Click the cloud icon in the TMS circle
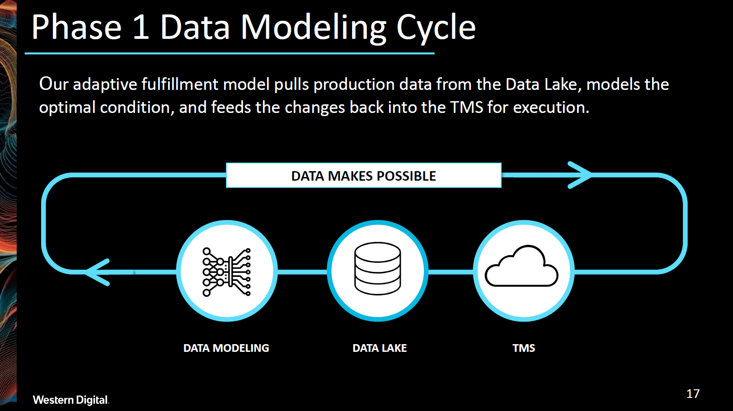[522, 266]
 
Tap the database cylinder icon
[377, 268]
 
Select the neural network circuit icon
[226, 272]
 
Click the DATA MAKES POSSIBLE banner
[363, 176]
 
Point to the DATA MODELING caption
[226, 348]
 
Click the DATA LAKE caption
[380, 348]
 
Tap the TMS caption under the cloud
[524, 348]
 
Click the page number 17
[693, 394]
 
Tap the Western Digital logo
[70, 400]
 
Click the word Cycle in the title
[436, 28]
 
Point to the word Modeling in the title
[314, 28]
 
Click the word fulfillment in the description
[180, 84]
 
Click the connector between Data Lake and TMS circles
[450, 272]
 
